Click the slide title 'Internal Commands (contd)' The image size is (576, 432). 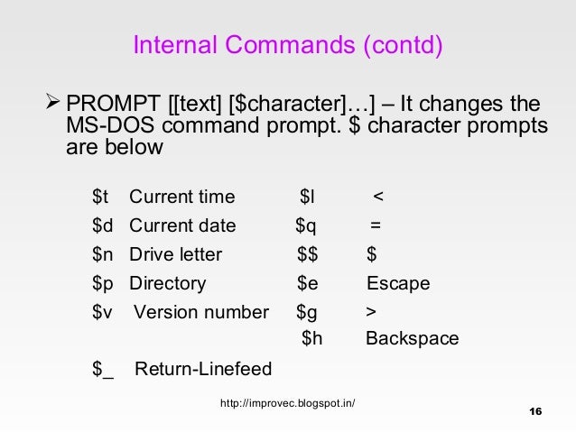288,44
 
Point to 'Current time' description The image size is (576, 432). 182,198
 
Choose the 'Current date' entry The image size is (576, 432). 182,226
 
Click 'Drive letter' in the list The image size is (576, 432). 175,255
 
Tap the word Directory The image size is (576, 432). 168,284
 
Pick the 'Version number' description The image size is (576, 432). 201,313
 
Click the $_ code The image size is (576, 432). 103,369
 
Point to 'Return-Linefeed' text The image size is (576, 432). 203,369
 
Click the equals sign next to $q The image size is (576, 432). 374,226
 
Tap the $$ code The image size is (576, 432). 308,255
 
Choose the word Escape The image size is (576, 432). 398,284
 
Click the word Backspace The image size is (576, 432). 412,340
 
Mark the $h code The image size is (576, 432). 311,340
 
